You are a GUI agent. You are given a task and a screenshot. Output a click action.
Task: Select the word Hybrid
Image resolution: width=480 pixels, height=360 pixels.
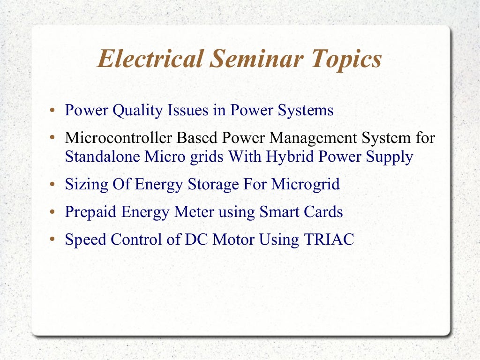pos(290,157)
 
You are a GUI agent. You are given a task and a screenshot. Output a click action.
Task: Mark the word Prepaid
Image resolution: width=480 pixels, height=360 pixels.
pos(90,212)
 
